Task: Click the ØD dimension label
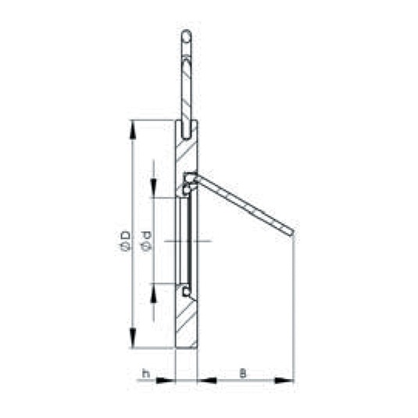pos(125,241)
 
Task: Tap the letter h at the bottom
pos(146,373)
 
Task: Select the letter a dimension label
pos(242,373)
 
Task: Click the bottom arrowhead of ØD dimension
pos(133,338)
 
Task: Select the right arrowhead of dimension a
pos(284,380)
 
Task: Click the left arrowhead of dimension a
pos(207,380)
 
